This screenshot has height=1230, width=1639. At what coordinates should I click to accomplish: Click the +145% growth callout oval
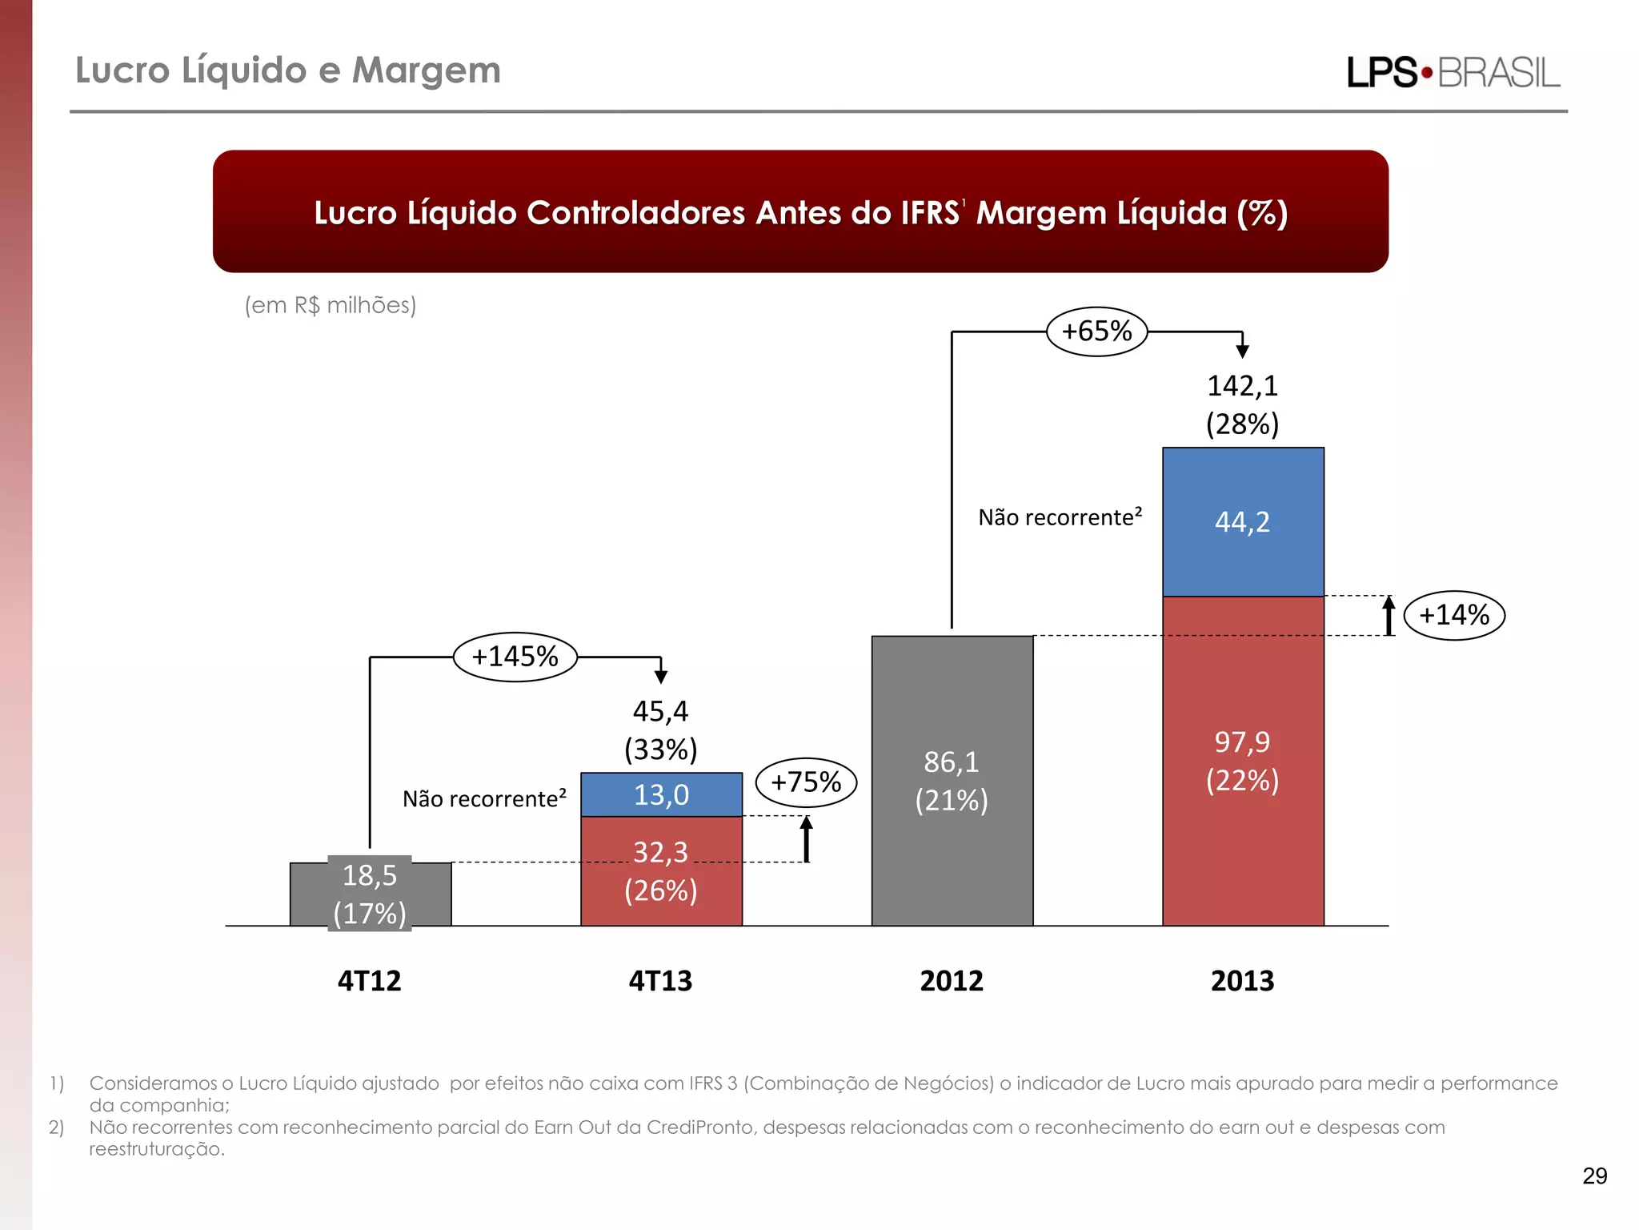(515, 657)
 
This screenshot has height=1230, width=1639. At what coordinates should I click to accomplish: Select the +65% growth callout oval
(1096, 332)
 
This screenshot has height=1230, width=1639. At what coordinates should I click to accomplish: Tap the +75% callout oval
(806, 782)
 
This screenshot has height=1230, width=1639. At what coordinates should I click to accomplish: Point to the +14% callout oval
(1454, 616)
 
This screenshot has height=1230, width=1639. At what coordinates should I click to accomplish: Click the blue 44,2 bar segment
(1242, 522)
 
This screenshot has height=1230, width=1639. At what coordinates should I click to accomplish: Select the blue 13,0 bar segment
(661, 795)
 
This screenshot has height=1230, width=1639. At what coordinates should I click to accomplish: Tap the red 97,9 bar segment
(1242, 761)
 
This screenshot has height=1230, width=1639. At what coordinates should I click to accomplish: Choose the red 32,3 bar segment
(661, 871)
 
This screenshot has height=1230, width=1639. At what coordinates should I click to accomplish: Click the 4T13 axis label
(660, 981)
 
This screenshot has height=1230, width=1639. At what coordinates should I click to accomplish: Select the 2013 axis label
(1242, 981)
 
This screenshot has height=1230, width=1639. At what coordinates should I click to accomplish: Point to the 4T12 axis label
(369, 981)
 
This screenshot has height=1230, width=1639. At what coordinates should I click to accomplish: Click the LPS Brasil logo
(1453, 73)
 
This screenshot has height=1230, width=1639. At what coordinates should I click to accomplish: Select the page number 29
(1594, 1176)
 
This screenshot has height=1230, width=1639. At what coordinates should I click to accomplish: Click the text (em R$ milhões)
(331, 305)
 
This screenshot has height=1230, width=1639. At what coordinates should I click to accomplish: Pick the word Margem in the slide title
(426, 70)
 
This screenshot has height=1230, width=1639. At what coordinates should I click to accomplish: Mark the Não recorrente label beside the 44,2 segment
(1060, 517)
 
